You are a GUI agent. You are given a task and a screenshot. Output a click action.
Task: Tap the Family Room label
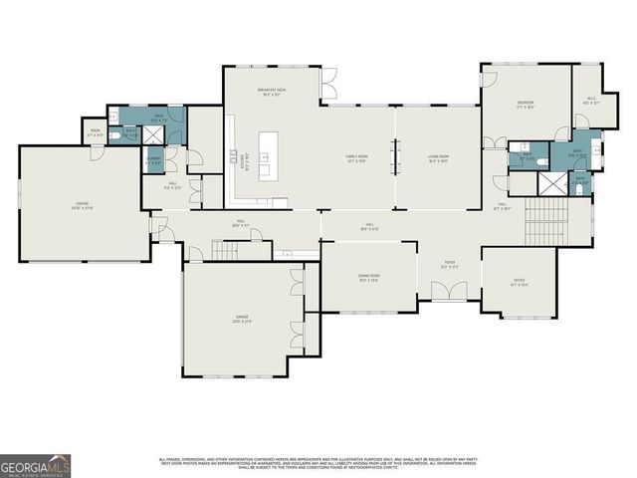tap(357, 158)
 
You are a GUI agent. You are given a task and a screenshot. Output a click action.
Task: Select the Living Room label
tap(439, 158)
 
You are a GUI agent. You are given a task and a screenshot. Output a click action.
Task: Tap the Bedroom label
tap(526, 105)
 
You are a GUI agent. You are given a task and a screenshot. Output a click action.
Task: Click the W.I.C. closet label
tap(589, 100)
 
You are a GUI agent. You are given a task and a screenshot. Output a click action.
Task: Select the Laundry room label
tap(154, 160)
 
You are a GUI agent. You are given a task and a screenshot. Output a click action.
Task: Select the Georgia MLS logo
tap(35, 466)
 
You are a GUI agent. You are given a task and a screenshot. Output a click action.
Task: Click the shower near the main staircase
tap(548, 182)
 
